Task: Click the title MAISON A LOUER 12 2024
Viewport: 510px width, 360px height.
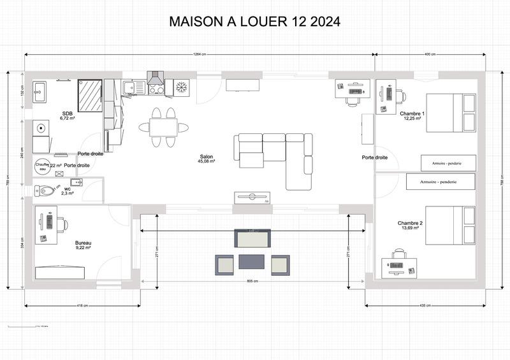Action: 254,22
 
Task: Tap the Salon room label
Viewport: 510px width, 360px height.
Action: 207,157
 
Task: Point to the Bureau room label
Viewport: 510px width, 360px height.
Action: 83,243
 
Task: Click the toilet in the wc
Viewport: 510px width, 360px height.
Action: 47,191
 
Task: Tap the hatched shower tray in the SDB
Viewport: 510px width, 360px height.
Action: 90,95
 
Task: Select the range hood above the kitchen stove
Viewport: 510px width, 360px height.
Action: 156,78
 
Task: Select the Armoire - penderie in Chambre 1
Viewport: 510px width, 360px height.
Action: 449,163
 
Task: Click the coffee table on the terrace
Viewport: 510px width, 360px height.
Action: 252,262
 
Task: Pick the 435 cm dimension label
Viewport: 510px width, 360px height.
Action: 425,306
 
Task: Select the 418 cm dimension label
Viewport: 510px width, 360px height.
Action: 82,306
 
